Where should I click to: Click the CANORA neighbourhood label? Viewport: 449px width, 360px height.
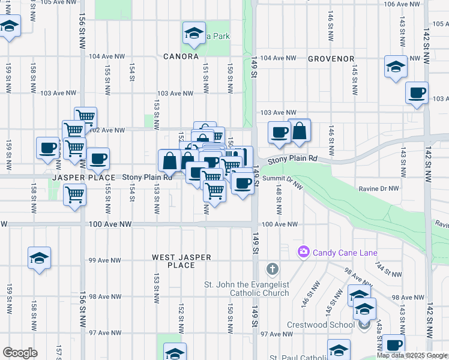[x=181, y=56]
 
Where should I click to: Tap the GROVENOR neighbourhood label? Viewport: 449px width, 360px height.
[x=331, y=59]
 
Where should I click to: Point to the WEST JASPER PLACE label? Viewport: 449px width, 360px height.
[x=181, y=261]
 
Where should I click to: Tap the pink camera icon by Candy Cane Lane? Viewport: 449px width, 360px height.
[x=304, y=252]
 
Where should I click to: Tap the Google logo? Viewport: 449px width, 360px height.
[x=20, y=352]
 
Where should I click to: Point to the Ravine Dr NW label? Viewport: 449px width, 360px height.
[x=379, y=188]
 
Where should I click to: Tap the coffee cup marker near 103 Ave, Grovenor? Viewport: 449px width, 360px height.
[x=417, y=92]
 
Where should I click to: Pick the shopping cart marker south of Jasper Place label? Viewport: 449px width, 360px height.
[x=74, y=194]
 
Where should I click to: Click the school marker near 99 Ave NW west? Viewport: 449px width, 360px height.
[x=40, y=258]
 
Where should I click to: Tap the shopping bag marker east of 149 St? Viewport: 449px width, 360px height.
[x=299, y=130]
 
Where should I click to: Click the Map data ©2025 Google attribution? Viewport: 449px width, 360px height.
[x=412, y=355]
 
